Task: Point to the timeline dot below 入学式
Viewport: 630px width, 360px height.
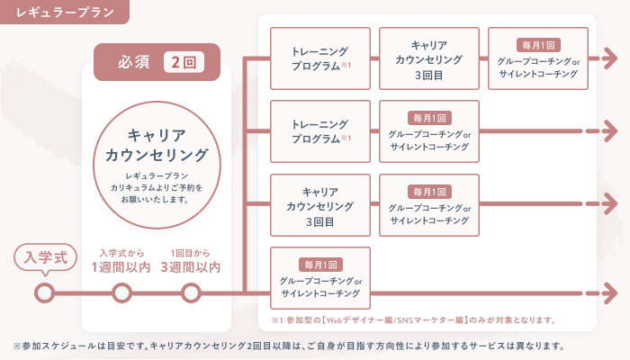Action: click(x=44, y=292)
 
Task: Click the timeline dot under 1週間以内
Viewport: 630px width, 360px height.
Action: click(x=121, y=292)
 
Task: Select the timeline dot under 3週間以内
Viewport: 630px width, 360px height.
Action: click(x=191, y=292)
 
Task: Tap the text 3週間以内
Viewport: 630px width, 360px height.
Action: click(x=191, y=267)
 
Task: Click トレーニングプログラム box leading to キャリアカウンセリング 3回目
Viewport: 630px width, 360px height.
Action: click(x=320, y=58)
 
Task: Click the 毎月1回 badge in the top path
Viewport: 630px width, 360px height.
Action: click(x=537, y=43)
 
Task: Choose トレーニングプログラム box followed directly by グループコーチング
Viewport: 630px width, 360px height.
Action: click(x=320, y=131)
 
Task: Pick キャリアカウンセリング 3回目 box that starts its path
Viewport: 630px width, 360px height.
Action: click(x=320, y=204)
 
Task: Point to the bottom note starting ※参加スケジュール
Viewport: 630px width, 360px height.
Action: click(x=288, y=346)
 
